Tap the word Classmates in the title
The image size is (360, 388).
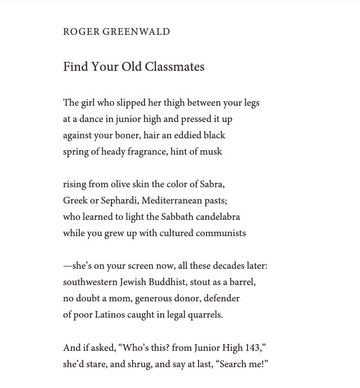[x=174, y=67]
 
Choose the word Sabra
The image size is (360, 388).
[x=212, y=184]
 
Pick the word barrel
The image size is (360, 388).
[x=241, y=282]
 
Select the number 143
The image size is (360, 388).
[x=252, y=348]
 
